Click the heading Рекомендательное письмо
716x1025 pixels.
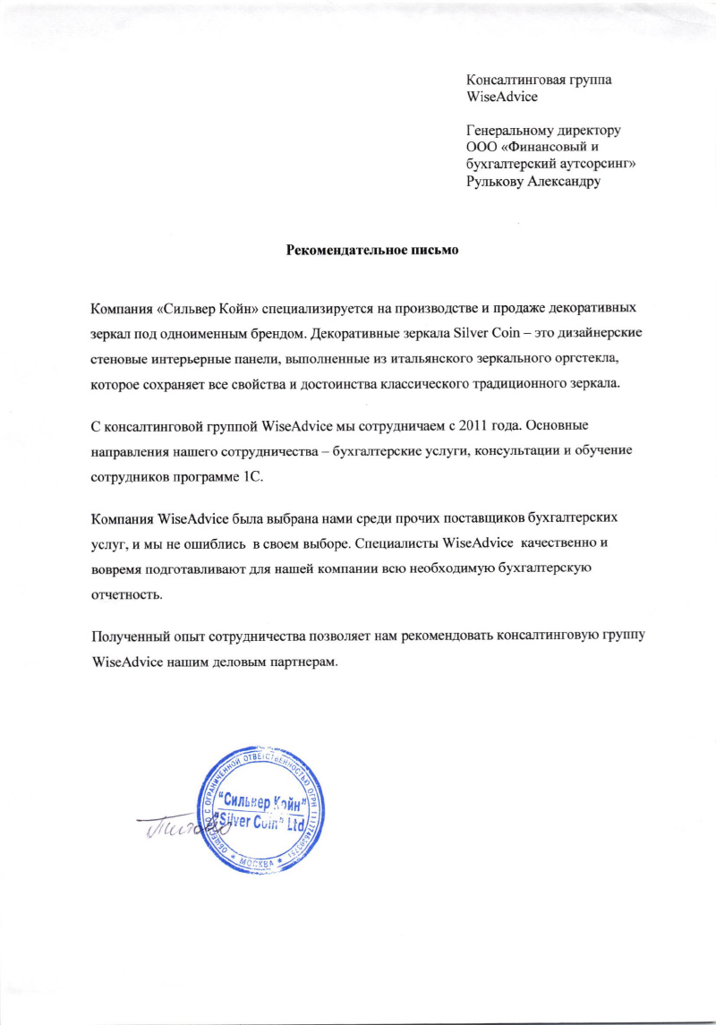(371, 250)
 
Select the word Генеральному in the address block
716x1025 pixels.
(512, 132)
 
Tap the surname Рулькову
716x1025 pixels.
(499, 183)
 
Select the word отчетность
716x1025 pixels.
(128, 594)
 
